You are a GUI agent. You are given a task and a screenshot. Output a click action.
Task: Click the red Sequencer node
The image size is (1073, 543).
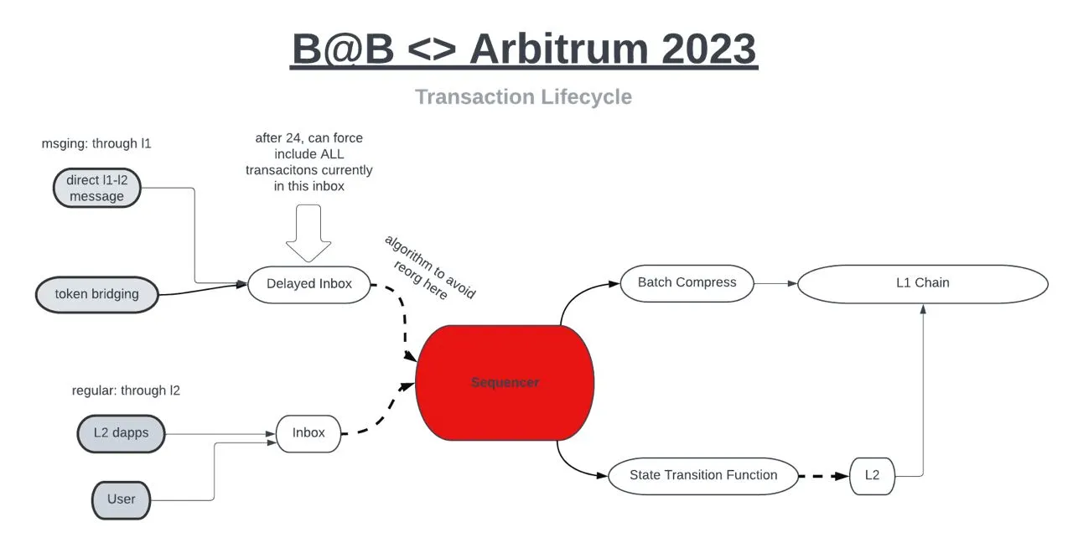coord(505,383)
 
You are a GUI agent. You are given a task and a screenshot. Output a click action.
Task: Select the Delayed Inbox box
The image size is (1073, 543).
coord(308,284)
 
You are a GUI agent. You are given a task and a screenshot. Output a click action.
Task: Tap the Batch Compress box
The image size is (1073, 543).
coord(687,283)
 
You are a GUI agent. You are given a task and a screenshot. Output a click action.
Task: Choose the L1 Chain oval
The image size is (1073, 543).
coord(922,283)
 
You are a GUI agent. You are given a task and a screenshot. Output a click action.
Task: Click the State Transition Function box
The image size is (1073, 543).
coord(702,475)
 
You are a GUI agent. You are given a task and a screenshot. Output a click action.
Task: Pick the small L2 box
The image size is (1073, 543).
coord(872,475)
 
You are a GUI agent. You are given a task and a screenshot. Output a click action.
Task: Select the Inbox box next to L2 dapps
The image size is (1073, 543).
coord(308,433)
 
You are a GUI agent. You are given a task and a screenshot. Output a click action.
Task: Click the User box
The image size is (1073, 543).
coord(121,499)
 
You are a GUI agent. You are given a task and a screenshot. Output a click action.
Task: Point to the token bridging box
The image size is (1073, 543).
coord(96,294)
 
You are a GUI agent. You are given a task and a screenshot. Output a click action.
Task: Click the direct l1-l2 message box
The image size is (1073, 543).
coord(96,188)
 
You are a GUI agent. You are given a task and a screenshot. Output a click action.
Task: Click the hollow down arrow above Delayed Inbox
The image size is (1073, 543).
coord(308,237)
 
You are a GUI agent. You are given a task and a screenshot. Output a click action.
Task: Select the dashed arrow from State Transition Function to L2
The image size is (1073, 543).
coord(823,476)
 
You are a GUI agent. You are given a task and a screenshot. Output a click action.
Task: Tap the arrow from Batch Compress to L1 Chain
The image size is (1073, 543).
coord(775,283)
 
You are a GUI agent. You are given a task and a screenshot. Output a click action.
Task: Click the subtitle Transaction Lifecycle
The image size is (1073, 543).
coord(523,97)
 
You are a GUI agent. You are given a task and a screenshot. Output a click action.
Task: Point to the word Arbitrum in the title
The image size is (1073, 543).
coord(558,49)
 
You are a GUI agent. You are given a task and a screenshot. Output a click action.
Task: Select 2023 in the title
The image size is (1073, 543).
coord(709,49)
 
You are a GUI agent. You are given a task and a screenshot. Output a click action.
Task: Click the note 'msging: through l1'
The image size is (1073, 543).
coord(96,143)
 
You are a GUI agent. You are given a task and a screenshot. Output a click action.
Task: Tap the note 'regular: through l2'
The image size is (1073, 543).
coord(126,390)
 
